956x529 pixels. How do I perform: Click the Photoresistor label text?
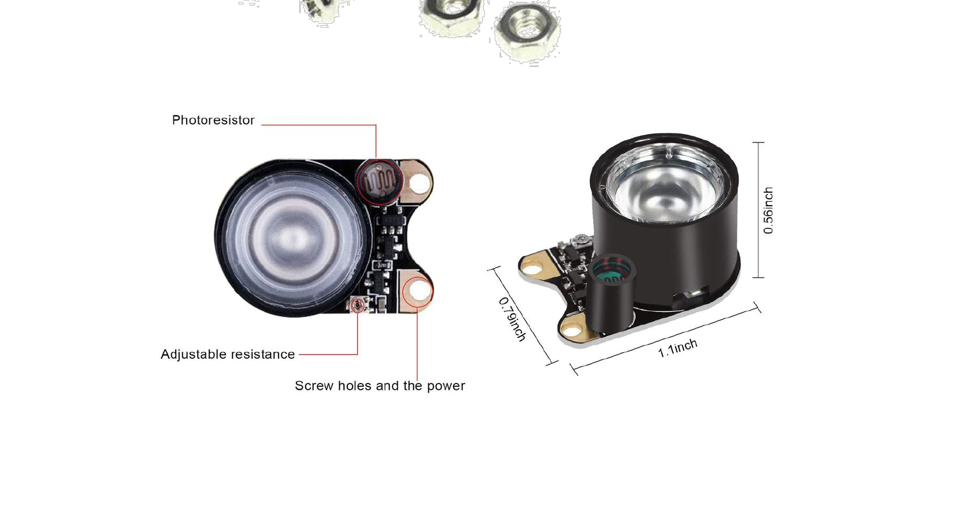click(213, 120)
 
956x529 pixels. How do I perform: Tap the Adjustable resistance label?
click(228, 354)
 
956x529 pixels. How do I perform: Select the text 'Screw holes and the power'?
click(380, 386)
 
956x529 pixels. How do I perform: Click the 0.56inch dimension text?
click(768, 210)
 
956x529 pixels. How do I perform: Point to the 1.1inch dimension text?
click(678, 348)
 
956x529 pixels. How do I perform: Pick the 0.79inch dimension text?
click(512, 319)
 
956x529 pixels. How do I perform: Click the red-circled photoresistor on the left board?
click(379, 182)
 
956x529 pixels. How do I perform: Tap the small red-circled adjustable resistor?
click(358, 305)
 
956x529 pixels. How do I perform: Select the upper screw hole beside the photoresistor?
click(420, 182)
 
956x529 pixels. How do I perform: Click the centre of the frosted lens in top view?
click(294, 237)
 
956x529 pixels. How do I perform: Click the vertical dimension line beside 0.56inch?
click(758, 210)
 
